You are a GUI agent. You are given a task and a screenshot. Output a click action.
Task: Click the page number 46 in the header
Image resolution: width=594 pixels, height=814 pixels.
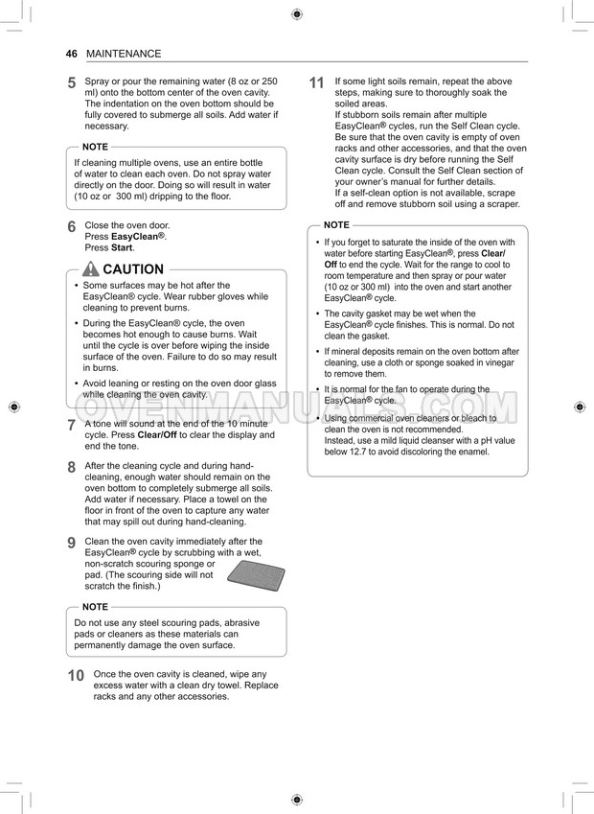click(x=71, y=54)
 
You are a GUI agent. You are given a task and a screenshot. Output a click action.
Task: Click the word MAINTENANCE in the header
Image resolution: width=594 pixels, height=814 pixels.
click(x=124, y=54)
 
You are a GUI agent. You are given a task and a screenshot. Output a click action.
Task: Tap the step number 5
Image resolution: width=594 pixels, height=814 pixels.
click(x=72, y=83)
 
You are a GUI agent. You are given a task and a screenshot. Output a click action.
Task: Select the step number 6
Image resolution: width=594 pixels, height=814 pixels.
click(x=72, y=228)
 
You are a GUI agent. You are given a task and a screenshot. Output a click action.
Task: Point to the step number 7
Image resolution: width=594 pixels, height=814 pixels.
click(x=72, y=426)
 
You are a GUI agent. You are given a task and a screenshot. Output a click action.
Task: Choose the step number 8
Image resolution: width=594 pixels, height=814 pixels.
click(x=72, y=468)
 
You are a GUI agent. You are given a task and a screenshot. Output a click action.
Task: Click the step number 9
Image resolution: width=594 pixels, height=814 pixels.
click(x=72, y=544)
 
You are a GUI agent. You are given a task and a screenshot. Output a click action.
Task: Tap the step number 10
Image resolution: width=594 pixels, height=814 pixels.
click(x=76, y=676)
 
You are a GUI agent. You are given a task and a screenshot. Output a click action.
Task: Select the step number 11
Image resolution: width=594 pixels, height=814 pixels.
click(x=317, y=83)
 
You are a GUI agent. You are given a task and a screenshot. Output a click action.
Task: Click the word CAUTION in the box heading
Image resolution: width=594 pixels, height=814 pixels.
click(x=132, y=269)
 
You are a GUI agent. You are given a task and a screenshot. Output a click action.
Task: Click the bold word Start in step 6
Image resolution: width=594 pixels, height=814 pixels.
click(x=122, y=247)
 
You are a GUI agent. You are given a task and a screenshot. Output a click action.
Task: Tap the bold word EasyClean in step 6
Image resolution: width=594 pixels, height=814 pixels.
click(x=137, y=236)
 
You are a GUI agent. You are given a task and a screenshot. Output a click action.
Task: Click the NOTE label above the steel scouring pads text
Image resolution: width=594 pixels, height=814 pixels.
click(x=95, y=607)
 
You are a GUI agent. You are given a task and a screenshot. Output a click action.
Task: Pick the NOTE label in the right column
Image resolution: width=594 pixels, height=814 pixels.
click(x=336, y=224)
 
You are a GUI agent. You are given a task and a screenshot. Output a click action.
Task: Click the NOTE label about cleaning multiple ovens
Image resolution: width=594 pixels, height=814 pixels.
click(x=95, y=147)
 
